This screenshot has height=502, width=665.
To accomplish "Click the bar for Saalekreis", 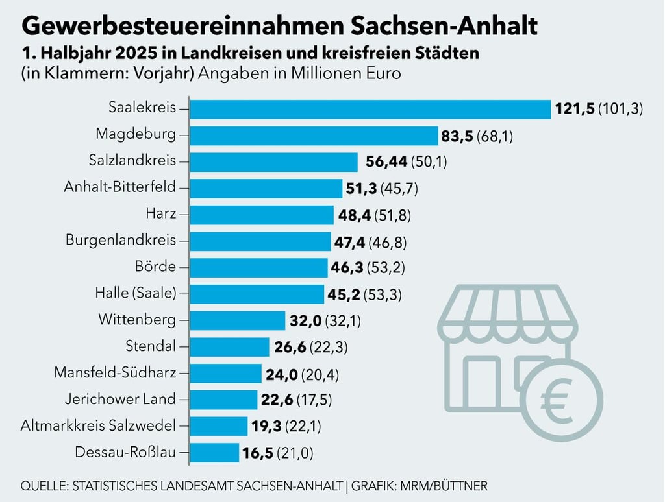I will click(370, 108).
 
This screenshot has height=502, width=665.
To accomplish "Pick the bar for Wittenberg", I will click(238, 320).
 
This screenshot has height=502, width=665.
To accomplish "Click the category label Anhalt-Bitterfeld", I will click(120, 187).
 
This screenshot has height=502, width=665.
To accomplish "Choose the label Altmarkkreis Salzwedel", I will click(98, 425).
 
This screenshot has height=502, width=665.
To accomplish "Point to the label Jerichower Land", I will click(120, 399).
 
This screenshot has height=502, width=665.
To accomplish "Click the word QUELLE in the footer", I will click(45, 486).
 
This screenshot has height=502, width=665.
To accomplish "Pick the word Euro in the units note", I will click(382, 73).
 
